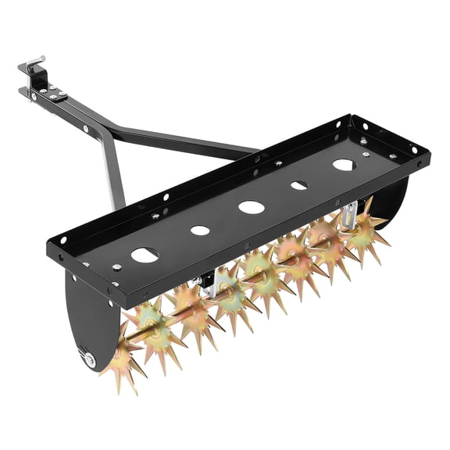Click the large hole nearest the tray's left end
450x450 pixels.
click(145, 255)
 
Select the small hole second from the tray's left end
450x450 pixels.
click(200, 230)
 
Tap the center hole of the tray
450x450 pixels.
click(251, 207)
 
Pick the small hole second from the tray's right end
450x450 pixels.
click(299, 185)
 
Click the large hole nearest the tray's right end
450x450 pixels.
click(343, 165)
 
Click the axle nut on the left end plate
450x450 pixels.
click(91, 361)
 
